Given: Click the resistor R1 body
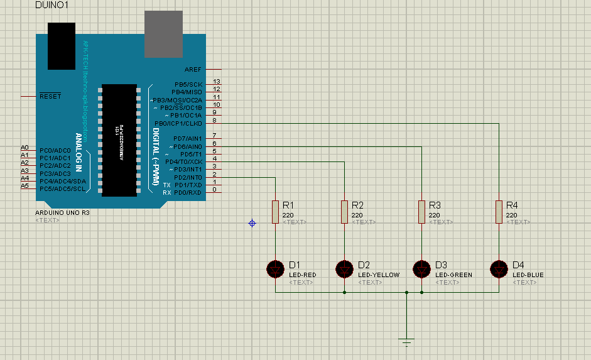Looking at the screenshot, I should pyautogui.click(x=275, y=212).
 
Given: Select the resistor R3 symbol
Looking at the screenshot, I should pyautogui.click(x=421, y=212).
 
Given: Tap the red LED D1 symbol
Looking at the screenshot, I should pyautogui.click(x=275, y=269).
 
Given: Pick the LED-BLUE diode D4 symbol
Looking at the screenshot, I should pyautogui.click(x=499, y=269).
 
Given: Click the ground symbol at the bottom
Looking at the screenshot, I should pyautogui.click(x=406, y=342).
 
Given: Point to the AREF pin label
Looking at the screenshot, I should pyautogui.click(x=193, y=69).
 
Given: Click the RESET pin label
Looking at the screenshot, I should pyautogui.click(x=51, y=97).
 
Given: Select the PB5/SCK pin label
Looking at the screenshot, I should pyautogui.click(x=188, y=84).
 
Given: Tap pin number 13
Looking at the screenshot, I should pyautogui.click(x=216, y=82).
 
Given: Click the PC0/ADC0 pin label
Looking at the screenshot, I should pyautogui.click(x=55, y=151).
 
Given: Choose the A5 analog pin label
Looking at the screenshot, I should pyautogui.click(x=24, y=185).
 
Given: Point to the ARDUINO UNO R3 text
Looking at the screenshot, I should pyautogui.click(x=63, y=214).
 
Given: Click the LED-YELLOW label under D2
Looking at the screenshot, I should pyautogui.click(x=379, y=275).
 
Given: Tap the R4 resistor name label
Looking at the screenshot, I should pyautogui.click(x=512, y=205).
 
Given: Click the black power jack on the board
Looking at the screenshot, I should pyautogui.click(x=62, y=46).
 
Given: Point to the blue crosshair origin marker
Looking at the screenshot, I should pyautogui.click(x=252, y=223).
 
